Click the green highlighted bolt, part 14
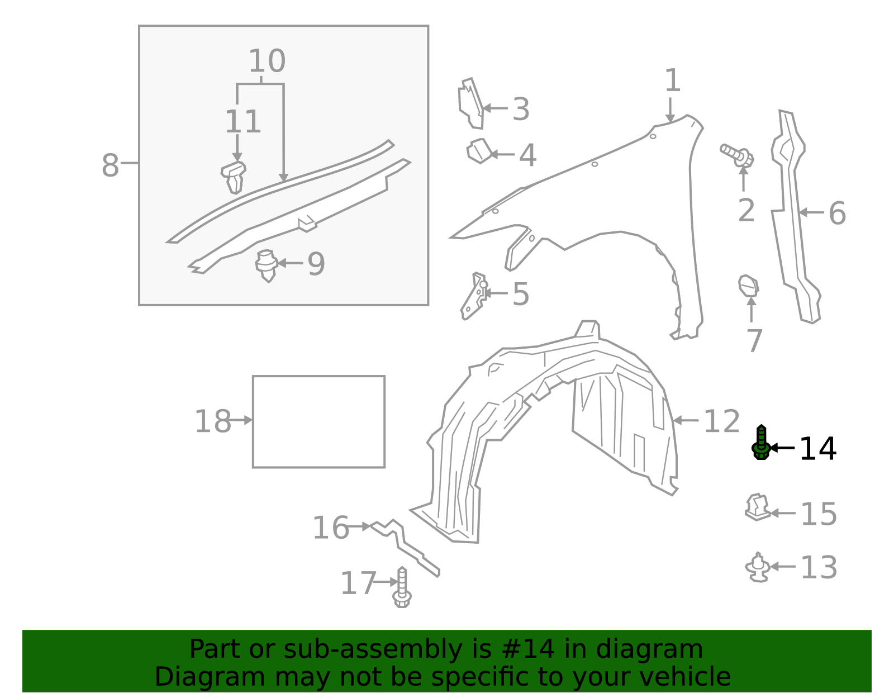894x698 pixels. click(x=760, y=444)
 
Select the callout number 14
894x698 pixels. click(x=817, y=449)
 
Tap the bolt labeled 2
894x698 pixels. click(x=738, y=155)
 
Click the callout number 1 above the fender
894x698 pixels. click(x=672, y=81)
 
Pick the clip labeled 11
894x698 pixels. click(x=234, y=176)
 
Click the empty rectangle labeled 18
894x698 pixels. click(x=318, y=421)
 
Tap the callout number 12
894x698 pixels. click(x=721, y=422)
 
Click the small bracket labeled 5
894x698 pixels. click(x=473, y=295)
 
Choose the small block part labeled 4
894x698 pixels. click(x=479, y=151)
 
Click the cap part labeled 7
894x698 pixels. click(x=748, y=286)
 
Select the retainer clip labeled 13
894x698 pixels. click(x=758, y=567)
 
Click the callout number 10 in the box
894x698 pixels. click(x=267, y=61)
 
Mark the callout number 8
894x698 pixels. click(x=110, y=166)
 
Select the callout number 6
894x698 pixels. click(x=836, y=213)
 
